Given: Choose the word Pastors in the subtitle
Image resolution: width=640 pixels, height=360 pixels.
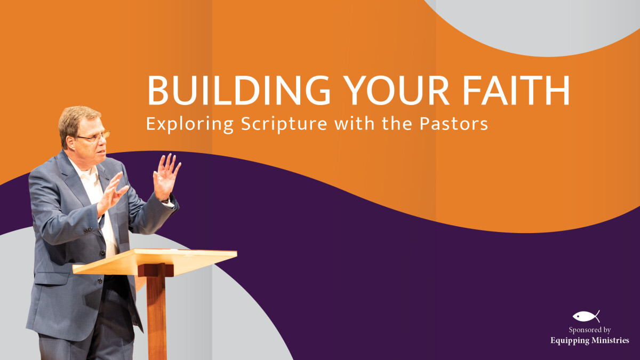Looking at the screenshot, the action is pos(454,124).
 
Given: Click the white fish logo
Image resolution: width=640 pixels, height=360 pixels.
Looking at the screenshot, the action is pos(586,316).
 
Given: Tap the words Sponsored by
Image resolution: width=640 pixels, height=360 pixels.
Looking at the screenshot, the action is pos(590,330).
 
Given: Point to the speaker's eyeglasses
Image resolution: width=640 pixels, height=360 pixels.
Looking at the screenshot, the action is pos(93,137).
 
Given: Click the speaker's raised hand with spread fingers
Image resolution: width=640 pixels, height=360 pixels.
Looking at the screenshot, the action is pos(166,177).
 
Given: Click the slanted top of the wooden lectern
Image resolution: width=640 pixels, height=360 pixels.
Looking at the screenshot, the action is pos(155,261).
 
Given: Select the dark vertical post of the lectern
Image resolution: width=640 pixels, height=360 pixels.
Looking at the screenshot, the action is pos(156,311).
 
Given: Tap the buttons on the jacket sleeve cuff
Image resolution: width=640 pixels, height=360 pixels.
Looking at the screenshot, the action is pos(87,229).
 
